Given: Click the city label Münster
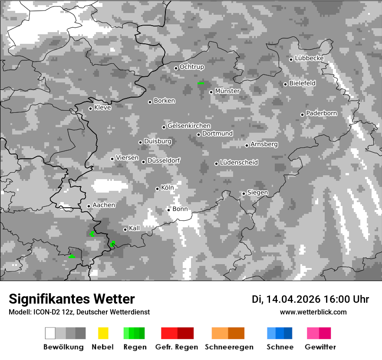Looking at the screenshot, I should click(227, 91).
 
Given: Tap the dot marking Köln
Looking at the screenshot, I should click(158, 189).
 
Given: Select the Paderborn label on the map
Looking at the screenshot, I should click(321, 113).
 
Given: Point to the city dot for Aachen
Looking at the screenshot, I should click(89, 206).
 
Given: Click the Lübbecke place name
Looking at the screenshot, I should click(309, 58).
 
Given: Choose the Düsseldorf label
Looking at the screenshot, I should click(164, 160).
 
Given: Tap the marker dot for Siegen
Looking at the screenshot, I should click(244, 193).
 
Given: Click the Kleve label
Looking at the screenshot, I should click(102, 108).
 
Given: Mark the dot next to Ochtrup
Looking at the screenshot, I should click(176, 68).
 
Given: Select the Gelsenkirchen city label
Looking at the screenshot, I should click(189, 126).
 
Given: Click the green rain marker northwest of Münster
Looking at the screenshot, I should click(201, 82).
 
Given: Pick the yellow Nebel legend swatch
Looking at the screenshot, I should click(103, 333).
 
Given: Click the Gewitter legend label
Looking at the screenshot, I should click(320, 347).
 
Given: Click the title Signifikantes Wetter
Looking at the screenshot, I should click(72, 299).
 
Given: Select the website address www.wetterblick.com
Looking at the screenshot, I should click(313, 312).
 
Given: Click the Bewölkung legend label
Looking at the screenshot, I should click(63, 347).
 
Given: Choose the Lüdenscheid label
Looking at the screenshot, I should click(239, 162).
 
